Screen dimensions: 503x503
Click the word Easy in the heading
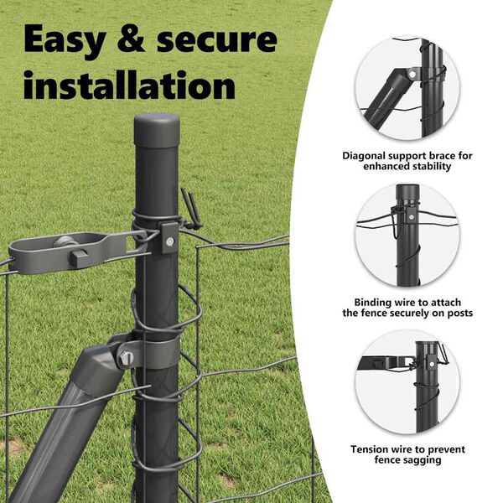coord(65,40)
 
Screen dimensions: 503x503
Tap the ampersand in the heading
coord(131,39)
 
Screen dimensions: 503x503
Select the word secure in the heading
coord(217,39)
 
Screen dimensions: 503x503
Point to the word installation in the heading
coord(129,84)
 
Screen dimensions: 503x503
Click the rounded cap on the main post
coord(157,130)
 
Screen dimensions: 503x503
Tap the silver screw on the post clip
coord(169,241)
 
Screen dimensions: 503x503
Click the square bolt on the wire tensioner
coord(79,257)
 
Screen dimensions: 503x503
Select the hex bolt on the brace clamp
coord(125,358)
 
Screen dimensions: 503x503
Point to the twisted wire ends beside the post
coord(191,209)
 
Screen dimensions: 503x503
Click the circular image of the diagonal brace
coord(407,89)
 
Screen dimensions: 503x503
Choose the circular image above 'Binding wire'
coord(407,235)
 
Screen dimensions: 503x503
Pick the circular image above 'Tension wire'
coord(407,381)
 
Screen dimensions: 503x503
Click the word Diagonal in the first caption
coord(364,156)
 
